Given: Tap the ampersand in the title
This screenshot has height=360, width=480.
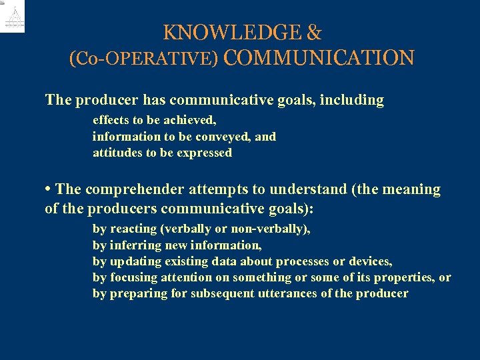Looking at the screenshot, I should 314,32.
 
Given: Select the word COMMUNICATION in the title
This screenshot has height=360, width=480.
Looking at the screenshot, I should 319,58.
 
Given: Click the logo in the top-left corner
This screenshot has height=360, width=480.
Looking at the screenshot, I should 13,17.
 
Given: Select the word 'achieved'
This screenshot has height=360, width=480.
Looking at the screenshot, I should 191,121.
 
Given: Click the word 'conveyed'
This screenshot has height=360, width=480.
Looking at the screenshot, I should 226,137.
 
